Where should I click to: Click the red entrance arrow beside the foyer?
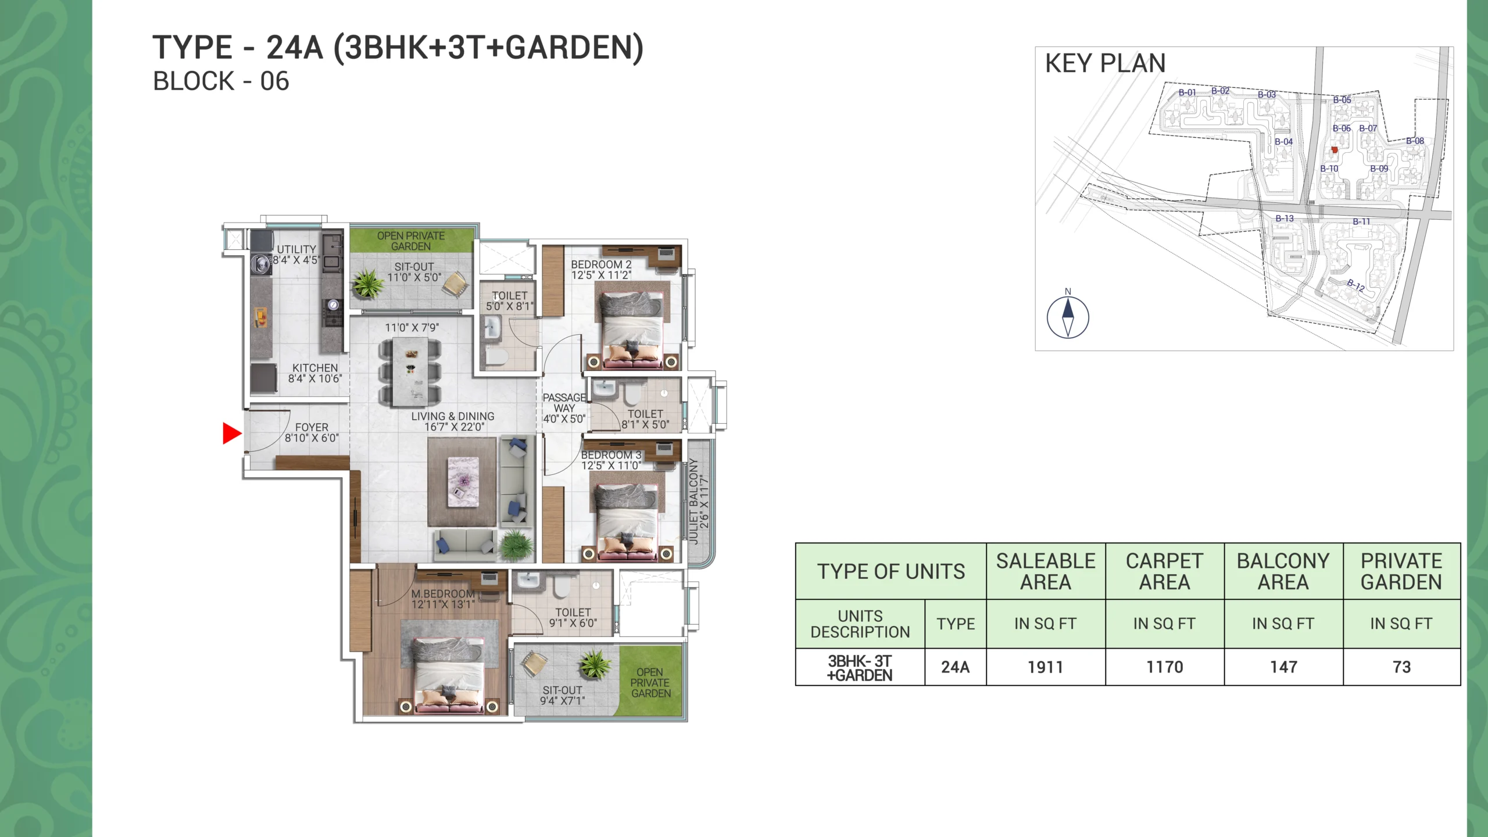(231, 434)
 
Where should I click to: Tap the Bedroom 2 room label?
(601, 270)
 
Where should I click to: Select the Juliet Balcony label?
(699, 501)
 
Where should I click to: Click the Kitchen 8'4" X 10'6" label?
(315, 373)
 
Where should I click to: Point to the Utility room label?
(296, 255)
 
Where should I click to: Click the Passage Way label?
(564, 408)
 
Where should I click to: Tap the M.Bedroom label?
(443, 599)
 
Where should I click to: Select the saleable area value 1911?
(1046, 667)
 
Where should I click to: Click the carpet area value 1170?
(1165, 667)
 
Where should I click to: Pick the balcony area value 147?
(1283, 667)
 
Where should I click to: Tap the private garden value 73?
(1402, 667)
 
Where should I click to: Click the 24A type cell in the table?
(956, 667)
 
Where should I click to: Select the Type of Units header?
(891, 572)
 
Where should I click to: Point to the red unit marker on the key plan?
(1335, 150)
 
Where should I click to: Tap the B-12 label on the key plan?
(1356, 285)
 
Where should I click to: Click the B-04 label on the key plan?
(1283, 142)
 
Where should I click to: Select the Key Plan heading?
(1106, 63)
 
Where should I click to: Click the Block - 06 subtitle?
(221, 81)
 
